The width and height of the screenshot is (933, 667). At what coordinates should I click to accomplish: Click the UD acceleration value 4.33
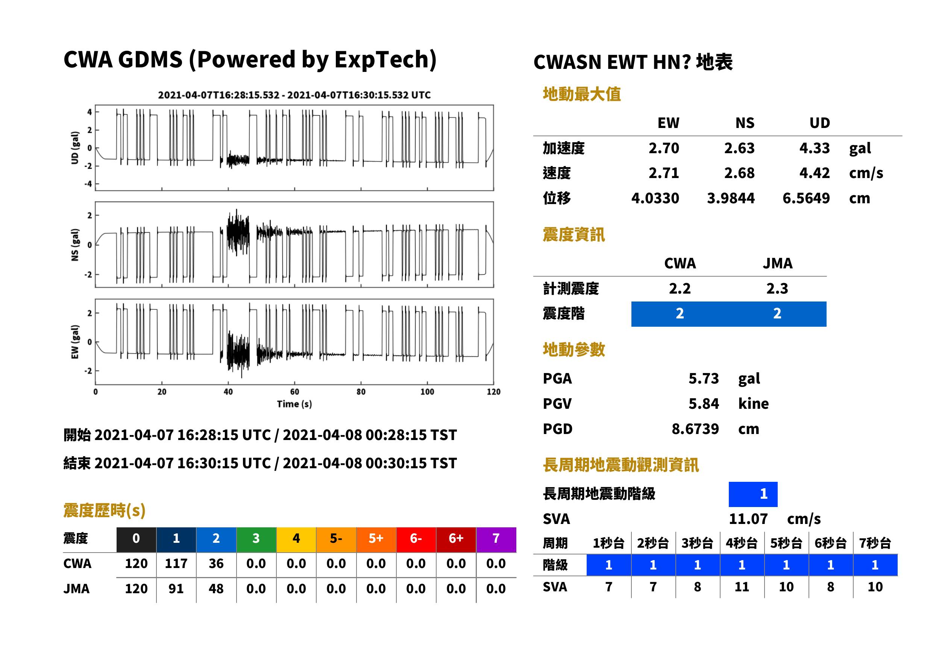[x=814, y=148]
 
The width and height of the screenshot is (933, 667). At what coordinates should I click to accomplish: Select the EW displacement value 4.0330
[x=655, y=198]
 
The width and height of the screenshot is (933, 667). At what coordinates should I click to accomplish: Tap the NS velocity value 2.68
[x=739, y=173]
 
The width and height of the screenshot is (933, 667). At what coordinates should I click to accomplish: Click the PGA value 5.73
[x=703, y=378]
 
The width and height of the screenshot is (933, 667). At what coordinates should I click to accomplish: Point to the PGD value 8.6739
[x=695, y=429]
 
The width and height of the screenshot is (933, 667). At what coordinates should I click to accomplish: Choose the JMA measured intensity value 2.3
[x=777, y=288]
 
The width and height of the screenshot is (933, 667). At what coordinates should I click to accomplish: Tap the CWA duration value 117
[x=176, y=563]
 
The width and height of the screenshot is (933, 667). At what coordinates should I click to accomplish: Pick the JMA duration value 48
[x=216, y=589]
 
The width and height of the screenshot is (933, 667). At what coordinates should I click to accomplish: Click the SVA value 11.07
[x=748, y=519]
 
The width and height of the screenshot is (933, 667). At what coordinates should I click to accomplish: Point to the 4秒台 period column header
[x=741, y=543]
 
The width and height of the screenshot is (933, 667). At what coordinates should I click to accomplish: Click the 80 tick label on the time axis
[x=361, y=391]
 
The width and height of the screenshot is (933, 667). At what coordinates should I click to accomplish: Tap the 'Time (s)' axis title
[x=294, y=404]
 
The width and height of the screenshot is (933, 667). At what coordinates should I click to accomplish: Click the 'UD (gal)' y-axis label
[x=75, y=148]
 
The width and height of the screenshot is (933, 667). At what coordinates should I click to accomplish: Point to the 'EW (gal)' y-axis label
[x=75, y=342]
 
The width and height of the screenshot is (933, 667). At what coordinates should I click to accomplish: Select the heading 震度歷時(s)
[x=105, y=510]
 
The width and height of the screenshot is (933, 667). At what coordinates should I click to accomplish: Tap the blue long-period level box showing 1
[x=753, y=494]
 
